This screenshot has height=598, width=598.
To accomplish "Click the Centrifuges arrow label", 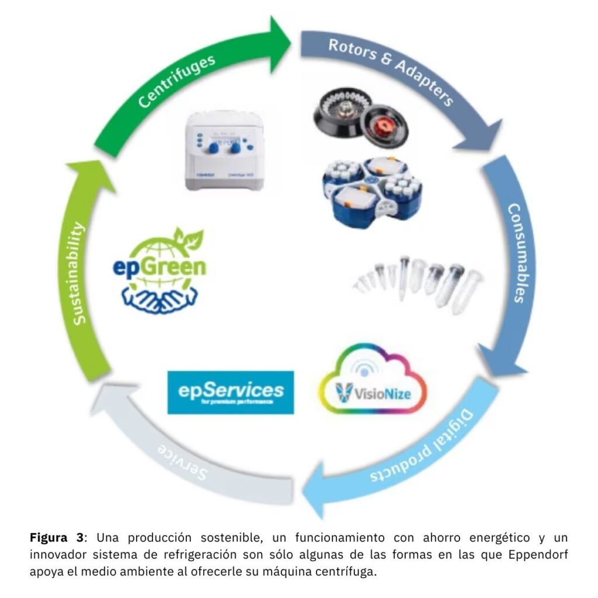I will point(177,80).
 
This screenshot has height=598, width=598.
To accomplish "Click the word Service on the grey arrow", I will point(183,461).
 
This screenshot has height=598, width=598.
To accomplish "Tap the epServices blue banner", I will point(230,392).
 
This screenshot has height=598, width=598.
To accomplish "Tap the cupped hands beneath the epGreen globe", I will point(158,298).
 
